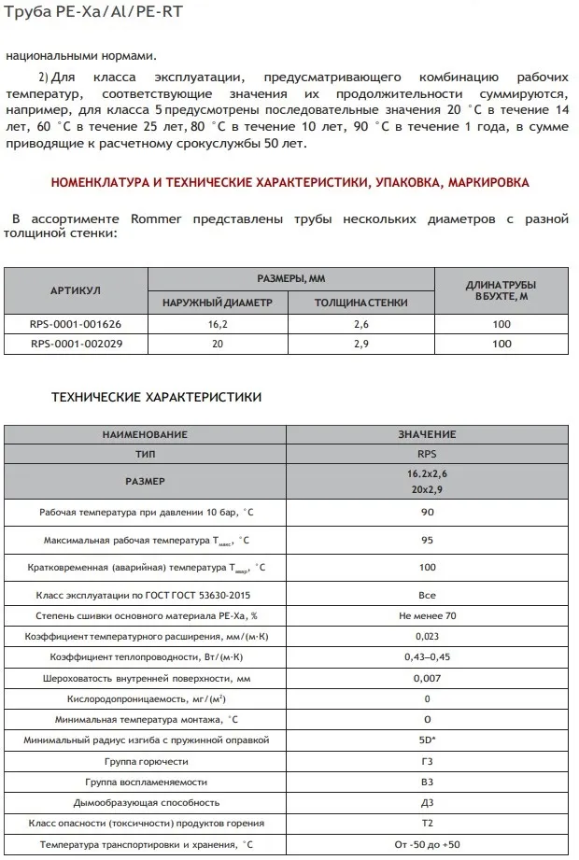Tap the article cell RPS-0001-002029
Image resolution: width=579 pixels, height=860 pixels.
click(76, 344)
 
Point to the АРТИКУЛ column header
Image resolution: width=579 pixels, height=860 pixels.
click(75, 291)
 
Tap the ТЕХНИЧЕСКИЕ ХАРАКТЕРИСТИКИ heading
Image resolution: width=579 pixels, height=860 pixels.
click(156, 397)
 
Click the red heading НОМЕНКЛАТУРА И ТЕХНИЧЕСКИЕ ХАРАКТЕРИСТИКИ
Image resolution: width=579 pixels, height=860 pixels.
click(289, 182)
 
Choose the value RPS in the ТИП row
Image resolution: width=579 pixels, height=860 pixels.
click(427, 453)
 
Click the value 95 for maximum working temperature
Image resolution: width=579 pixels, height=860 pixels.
click(427, 541)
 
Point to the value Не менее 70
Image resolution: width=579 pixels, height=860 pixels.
click(427, 616)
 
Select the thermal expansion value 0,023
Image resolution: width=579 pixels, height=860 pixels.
click(427, 637)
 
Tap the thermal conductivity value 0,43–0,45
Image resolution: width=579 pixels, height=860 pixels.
click(427, 657)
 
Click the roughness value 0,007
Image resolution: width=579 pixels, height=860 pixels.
click(427, 678)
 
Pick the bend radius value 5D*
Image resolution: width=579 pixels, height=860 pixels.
click(427, 740)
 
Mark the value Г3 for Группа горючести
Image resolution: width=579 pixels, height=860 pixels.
click(427, 760)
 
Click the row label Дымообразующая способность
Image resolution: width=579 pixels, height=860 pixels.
click(147, 802)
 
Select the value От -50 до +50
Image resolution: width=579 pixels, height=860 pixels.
click(427, 844)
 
